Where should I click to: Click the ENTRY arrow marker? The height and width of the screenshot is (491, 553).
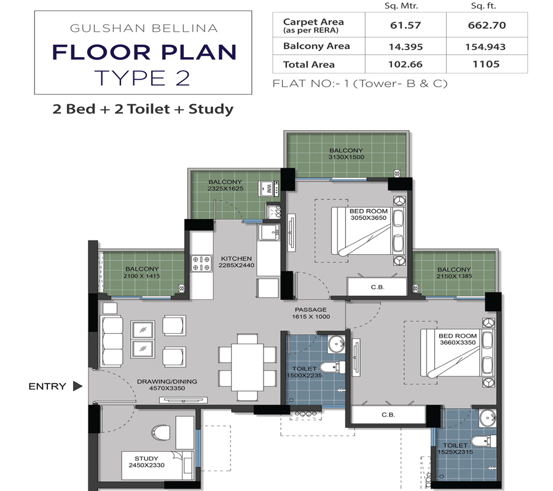click(x=77, y=386)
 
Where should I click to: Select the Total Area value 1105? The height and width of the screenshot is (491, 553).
click(x=486, y=64)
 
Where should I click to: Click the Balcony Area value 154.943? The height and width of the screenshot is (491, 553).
click(x=486, y=46)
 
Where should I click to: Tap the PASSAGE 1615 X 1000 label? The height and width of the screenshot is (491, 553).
click(x=310, y=313)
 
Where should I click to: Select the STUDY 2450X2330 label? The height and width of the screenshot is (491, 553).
click(x=146, y=462)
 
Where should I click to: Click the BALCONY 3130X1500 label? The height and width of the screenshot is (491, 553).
click(x=346, y=153)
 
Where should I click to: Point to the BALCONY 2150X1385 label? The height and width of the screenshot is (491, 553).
click(x=454, y=273)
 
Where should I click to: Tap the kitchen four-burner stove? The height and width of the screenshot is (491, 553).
click(x=202, y=263)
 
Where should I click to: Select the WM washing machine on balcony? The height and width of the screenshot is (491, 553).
click(x=267, y=187)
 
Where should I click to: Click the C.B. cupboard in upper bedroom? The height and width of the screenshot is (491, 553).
click(x=377, y=287)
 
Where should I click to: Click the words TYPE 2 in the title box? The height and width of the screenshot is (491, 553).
click(x=143, y=78)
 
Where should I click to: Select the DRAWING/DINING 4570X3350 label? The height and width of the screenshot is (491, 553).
click(x=167, y=385)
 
